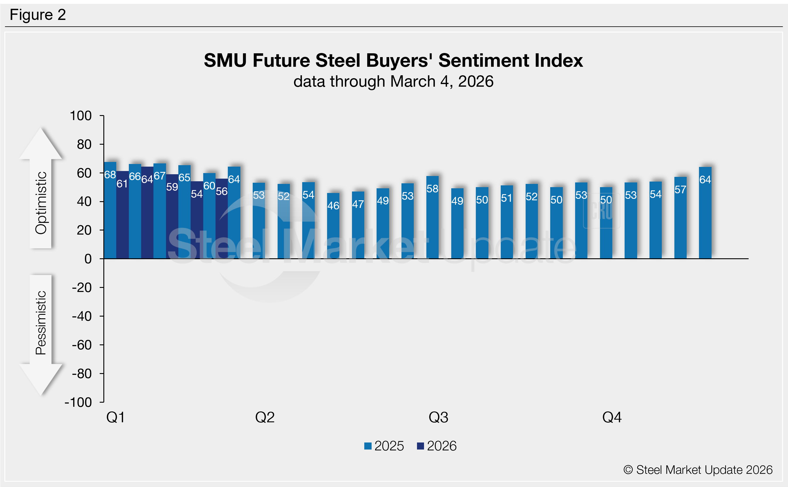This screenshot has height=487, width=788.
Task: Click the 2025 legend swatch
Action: click(368, 446)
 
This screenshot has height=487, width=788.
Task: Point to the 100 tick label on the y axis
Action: click(81, 116)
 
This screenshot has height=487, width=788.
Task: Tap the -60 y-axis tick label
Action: click(82, 345)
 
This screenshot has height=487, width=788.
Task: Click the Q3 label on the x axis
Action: click(438, 417)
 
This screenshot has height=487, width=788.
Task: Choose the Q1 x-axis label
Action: click(116, 417)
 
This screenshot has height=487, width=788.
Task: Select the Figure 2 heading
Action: click(38, 15)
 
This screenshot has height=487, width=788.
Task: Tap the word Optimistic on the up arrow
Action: click(41, 203)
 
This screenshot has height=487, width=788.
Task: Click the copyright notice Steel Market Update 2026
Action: click(698, 470)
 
